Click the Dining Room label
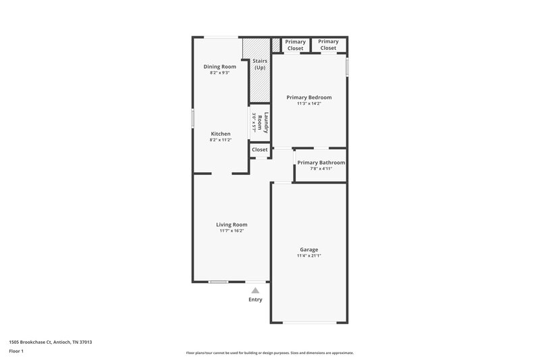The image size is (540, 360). click(x=220, y=66)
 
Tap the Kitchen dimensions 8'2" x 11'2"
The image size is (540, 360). click(x=220, y=140)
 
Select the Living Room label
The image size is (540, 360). click(x=232, y=224)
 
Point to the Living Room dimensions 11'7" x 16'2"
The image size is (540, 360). click(x=232, y=231)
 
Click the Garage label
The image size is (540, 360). click(x=308, y=249)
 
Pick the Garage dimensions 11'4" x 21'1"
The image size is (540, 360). click(x=308, y=256)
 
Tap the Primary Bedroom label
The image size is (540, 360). click(x=308, y=97)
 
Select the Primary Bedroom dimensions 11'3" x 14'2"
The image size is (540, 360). click(x=308, y=104)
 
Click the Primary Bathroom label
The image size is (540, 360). click(x=321, y=162)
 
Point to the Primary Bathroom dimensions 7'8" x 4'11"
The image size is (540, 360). click(x=321, y=169)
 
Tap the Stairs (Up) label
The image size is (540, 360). click(x=260, y=65)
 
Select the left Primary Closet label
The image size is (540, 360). click(x=295, y=45)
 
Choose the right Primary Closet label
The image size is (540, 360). click(x=328, y=45)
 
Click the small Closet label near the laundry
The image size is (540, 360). click(x=260, y=149)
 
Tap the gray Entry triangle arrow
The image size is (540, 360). click(x=255, y=290)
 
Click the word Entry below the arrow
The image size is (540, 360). click(x=255, y=299)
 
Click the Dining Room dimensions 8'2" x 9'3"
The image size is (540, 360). click(x=220, y=73)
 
